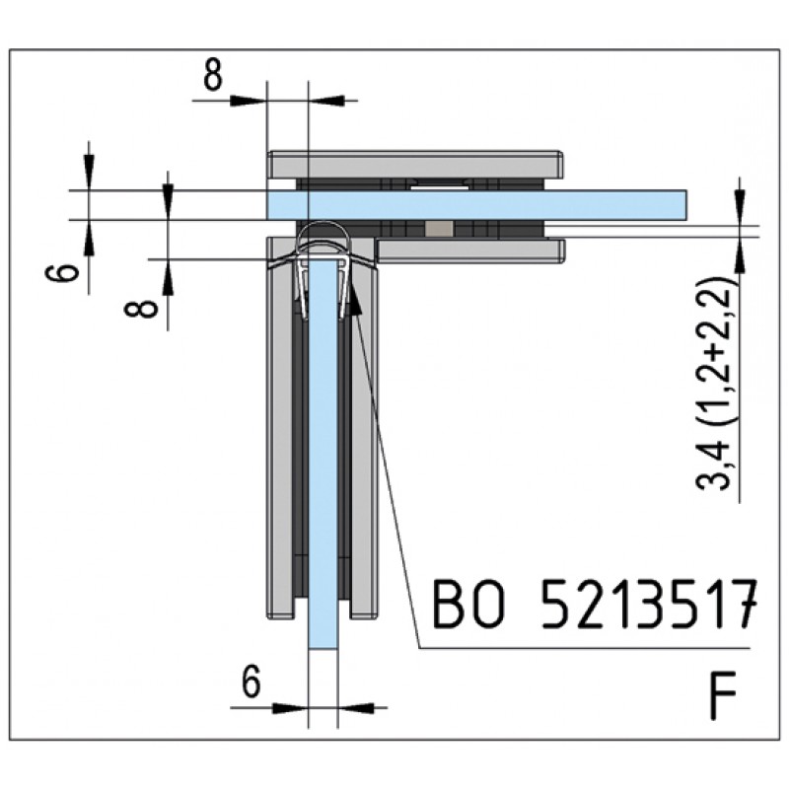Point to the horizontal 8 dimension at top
213,77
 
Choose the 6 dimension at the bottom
251,681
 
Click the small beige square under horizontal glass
439,229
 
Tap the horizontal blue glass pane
476,205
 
